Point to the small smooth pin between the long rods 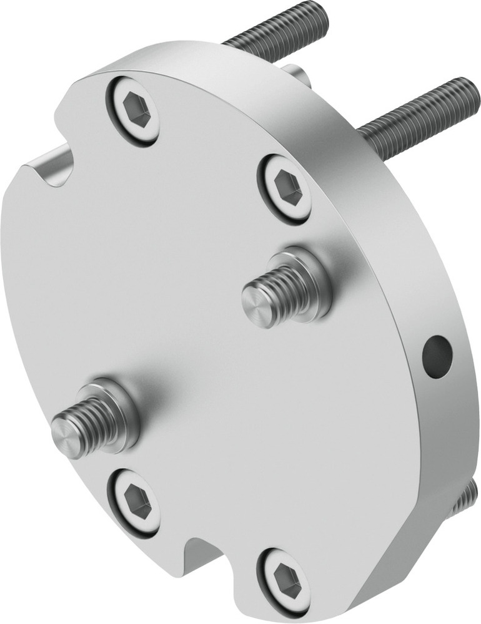coord(300,76)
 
